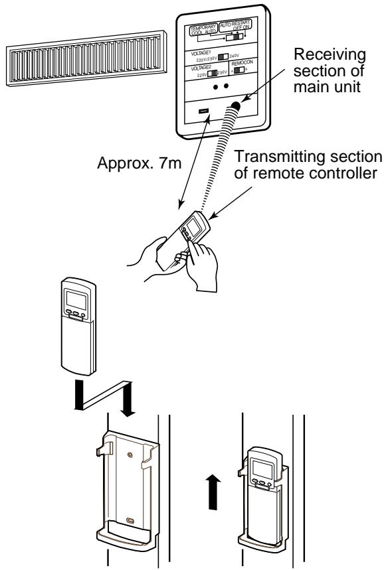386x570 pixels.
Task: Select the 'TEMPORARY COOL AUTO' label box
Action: point(203,31)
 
